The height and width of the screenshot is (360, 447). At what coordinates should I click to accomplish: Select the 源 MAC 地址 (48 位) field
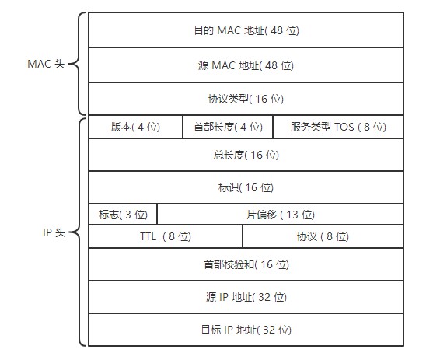click(246, 65)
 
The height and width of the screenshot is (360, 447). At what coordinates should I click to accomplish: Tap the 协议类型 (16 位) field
click(246, 99)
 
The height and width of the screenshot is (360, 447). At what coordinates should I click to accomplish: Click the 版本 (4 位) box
click(135, 127)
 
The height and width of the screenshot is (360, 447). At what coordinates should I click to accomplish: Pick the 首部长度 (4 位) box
click(228, 127)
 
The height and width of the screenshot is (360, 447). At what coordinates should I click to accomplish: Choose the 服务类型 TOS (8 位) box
click(338, 127)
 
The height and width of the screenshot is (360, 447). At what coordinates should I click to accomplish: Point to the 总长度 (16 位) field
click(246, 155)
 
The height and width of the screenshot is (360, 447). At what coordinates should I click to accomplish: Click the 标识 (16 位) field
click(246, 187)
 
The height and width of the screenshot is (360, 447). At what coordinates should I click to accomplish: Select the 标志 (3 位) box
click(123, 214)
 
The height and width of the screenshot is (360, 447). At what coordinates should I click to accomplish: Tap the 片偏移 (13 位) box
click(280, 214)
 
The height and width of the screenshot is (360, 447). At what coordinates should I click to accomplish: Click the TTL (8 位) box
click(166, 236)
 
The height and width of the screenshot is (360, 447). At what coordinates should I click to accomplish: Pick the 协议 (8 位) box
click(323, 236)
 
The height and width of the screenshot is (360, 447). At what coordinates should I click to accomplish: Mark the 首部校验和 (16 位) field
click(246, 264)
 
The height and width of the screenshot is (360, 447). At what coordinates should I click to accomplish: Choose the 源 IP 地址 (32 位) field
click(246, 297)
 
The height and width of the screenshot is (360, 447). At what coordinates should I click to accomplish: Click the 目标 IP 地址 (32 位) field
click(246, 330)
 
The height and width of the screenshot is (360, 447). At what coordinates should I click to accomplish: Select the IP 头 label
click(54, 231)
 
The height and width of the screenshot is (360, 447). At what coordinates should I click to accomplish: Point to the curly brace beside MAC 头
click(76, 65)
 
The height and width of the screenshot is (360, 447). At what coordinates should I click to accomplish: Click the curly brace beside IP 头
click(76, 231)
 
